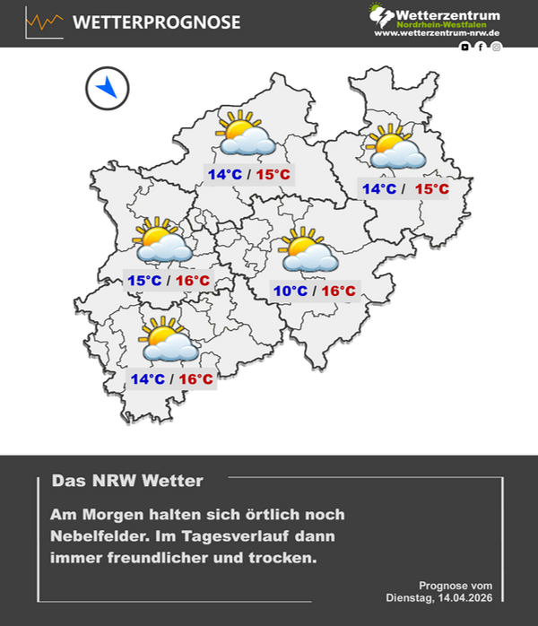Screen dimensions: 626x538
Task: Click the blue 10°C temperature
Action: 291,291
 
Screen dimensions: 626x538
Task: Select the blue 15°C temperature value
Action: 144,282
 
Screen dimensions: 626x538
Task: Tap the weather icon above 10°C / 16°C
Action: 308,252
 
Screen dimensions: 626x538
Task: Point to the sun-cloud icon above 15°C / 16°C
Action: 162,241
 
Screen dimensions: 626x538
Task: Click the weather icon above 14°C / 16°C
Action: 168,340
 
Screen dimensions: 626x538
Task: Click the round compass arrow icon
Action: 108,88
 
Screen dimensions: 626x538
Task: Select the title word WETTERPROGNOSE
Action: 156,22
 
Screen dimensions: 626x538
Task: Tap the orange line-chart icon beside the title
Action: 45,22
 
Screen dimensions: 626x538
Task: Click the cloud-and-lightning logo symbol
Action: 381,16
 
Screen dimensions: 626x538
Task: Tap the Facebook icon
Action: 481,47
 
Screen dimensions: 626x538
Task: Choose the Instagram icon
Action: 497,47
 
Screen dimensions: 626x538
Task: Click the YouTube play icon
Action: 464,47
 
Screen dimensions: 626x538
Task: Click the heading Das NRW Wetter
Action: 127,482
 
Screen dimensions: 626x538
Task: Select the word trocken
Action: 286,558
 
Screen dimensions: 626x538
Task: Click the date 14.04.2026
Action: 464,597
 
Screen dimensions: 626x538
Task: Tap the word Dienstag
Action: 410,597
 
